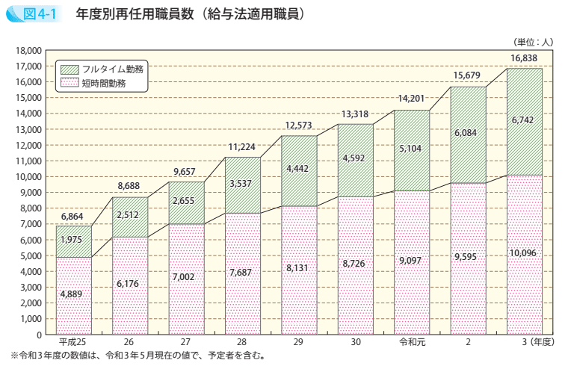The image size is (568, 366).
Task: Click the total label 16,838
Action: point(524,58)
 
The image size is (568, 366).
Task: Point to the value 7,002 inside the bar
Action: point(186,276)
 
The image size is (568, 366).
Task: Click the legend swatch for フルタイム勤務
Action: point(70,69)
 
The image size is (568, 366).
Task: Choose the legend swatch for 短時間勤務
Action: point(70,84)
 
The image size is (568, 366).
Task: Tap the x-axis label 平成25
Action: point(73,341)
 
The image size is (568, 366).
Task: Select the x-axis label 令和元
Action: point(411,341)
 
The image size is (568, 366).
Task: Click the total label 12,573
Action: point(299,125)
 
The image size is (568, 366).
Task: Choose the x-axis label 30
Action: point(355,341)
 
